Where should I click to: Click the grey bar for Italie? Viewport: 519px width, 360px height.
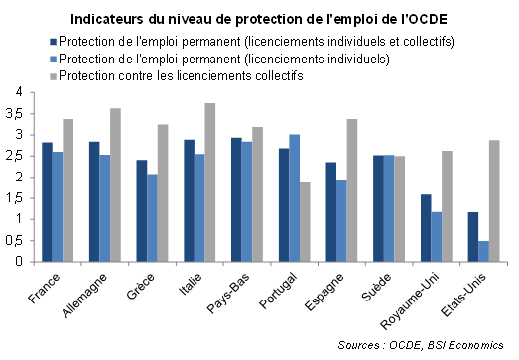209,182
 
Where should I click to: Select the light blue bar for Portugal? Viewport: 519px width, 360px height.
295,198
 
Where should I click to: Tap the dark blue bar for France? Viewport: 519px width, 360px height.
47,202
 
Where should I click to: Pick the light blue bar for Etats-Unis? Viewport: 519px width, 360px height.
483,251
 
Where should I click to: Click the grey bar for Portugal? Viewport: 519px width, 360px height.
305,222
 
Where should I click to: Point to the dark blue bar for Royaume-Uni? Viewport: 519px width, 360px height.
426,228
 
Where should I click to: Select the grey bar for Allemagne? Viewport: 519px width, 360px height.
115,185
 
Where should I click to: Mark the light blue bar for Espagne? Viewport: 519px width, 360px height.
341,221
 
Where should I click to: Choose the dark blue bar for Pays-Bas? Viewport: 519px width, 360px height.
236,199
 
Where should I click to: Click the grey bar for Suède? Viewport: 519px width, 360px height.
400,209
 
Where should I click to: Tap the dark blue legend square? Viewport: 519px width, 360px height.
54,42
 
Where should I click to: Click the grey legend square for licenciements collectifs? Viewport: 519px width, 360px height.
54,76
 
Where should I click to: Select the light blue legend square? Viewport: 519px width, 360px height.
54,59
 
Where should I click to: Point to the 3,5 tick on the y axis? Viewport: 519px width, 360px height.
32,114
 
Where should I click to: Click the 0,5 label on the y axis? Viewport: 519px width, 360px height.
14,241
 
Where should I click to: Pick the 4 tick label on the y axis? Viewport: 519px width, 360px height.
19,92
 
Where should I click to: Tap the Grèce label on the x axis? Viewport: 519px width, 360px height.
141,286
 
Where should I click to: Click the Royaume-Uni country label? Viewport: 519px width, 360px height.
410,301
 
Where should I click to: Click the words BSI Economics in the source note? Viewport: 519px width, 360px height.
465,345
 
